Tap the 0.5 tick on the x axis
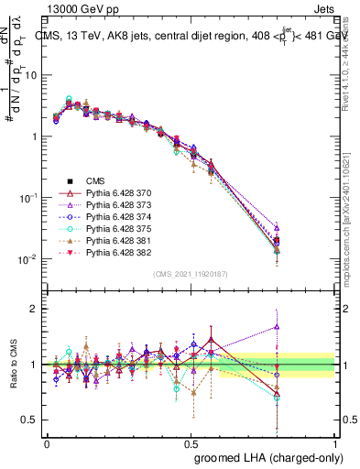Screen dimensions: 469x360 [191, 442]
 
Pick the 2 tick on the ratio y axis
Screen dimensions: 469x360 [36, 309]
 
